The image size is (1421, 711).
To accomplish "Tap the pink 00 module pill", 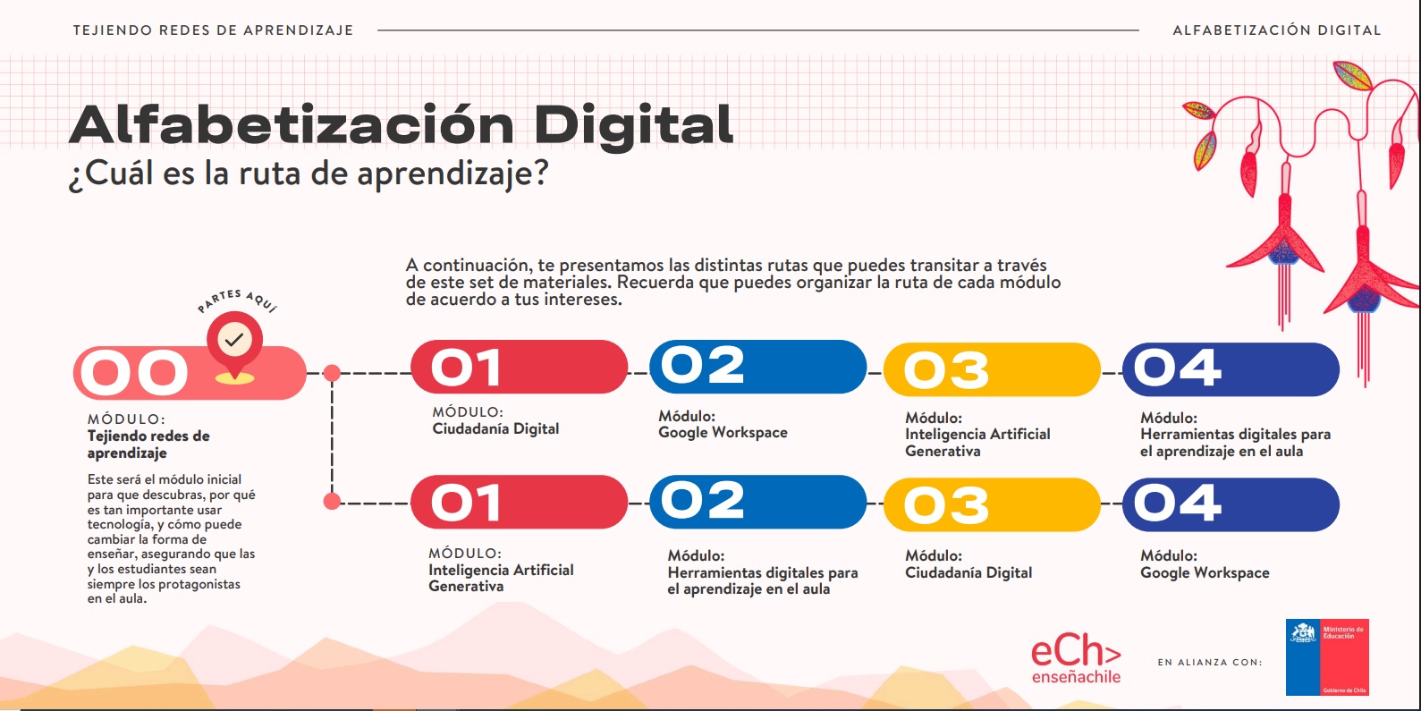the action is (x=190, y=373).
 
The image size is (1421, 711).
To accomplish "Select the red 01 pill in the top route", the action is (x=519, y=367).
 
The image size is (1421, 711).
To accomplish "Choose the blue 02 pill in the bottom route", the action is (x=758, y=502).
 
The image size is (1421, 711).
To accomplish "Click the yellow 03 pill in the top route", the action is (x=992, y=369).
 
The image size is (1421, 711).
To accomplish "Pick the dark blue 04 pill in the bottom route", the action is (x=1231, y=505).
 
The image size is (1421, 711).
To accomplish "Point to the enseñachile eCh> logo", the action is (x=1076, y=658).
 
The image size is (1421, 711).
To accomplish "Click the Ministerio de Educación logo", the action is (x=1327, y=657).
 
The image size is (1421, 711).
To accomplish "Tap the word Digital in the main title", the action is (x=633, y=125).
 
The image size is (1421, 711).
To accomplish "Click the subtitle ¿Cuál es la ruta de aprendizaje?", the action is (x=309, y=174).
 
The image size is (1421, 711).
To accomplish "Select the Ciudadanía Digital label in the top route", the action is (x=495, y=429).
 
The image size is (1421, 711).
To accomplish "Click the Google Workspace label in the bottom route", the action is (x=1205, y=572).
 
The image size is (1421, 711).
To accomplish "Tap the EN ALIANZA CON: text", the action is (x=1210, y=662).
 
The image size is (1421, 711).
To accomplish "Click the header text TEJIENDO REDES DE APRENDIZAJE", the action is (x=213, y=30).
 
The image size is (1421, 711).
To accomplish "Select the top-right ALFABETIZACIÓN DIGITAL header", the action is (x=1276, y=30).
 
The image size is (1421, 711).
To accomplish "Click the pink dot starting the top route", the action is (x=332, y=373).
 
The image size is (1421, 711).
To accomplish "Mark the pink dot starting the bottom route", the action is (x=332, y=502).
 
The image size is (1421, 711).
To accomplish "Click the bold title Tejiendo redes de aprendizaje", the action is (x=148, y=444).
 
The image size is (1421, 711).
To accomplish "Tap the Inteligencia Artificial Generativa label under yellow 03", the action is (x=977, y=443).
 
